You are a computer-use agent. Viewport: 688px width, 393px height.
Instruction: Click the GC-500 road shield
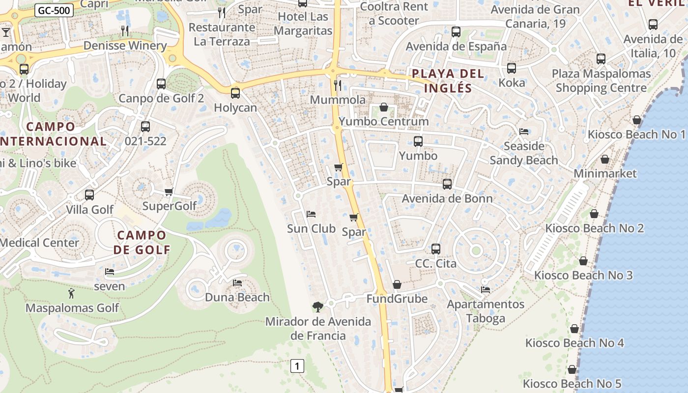coord(54,10)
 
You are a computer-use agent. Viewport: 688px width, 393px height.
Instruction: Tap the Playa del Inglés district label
coord(448,81)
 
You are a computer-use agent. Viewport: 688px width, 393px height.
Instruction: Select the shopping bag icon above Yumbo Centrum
coord(384,107)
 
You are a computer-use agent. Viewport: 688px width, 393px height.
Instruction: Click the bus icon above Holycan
coord(235,93)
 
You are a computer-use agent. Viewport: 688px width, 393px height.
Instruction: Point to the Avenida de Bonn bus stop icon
coord(447,184)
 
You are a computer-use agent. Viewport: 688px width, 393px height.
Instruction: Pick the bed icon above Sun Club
coord(311,214)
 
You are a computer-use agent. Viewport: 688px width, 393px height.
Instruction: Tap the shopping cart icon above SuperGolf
coord(169,192)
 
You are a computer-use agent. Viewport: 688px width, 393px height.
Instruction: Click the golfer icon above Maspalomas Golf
coord(72,294)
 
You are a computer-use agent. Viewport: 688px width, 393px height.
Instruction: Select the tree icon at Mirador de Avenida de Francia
coord(318,307)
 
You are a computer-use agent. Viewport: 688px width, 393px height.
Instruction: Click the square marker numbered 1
coord(297,366)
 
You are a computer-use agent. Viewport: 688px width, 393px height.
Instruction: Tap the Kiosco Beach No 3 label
coord(583,275)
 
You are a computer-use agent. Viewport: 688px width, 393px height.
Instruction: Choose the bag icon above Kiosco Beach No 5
coord(572,369)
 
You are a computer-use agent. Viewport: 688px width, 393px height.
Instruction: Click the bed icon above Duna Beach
coord(237,283)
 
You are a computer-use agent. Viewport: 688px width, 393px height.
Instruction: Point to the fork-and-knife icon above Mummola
coord(338,85)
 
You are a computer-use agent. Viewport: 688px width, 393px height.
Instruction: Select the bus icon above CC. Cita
coord(436,249)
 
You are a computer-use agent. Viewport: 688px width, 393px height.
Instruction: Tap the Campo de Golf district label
coord(142,242)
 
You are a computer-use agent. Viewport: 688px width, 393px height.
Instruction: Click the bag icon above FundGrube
coord(397,284)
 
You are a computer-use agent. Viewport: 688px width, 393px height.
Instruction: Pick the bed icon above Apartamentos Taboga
coord(486,290)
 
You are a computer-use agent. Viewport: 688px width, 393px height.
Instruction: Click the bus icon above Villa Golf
coord(89,195)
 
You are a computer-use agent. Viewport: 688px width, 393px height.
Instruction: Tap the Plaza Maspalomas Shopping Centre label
coord(601,81)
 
